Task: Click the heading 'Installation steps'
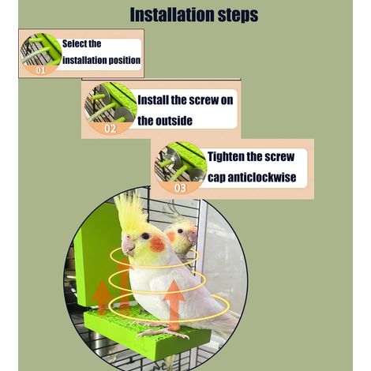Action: (x=194, y=14)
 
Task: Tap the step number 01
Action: (x=40, y=70)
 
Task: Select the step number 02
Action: (x=111, y=129)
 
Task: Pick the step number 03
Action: (x=180, y=188)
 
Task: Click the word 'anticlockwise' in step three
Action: (x=262, y=177)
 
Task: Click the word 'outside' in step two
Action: (x=174, y=121)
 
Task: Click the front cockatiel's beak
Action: (x=129, y=247)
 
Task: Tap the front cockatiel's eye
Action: (x=145, y=236)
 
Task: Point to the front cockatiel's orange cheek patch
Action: (x=157, y=245)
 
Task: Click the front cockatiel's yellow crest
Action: (x=131, y=214)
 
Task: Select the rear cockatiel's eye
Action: (x=180, y=231)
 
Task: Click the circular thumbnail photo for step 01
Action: (x=41, y=54)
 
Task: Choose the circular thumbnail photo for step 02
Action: (x=111, y=108)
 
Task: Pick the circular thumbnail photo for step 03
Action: (x=181, y=168)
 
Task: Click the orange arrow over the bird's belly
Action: (x=174, y=305)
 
